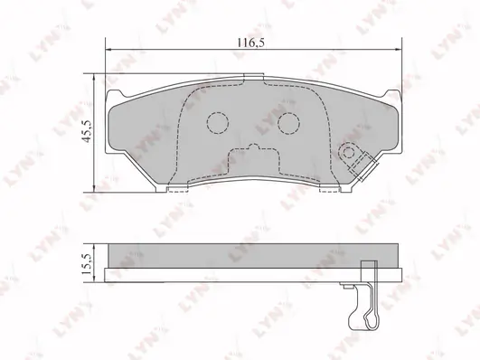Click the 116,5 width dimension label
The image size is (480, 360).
[251, 43]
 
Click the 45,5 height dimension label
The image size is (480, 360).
[87, 131]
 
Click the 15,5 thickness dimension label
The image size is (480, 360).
[87, 263]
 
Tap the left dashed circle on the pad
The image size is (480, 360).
[218, 123]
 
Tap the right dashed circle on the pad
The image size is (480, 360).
[288, 123]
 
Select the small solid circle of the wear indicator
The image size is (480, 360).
[348, 152]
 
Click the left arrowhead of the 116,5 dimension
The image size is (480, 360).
[108, 49]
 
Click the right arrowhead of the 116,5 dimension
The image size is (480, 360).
[399, 49]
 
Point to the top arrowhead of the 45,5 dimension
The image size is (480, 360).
[94, 77]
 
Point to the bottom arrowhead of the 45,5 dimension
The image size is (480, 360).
[94, 188]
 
